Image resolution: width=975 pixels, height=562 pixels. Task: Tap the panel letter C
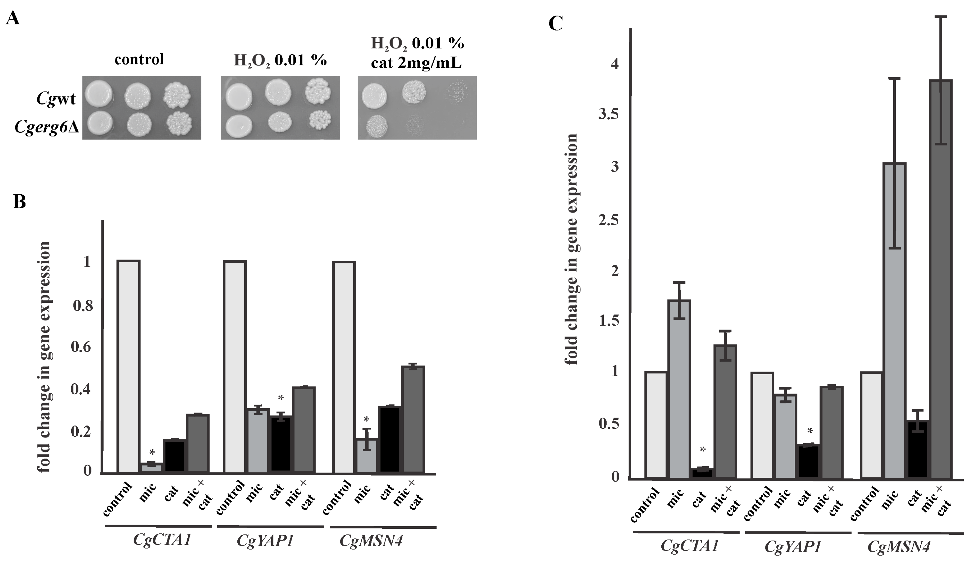click(x=555, y=24)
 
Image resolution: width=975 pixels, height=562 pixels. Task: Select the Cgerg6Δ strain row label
click(x=46, y=127)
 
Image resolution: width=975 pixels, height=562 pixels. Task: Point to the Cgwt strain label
click(x=56, y=99)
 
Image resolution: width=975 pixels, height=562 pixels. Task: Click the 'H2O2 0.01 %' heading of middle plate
click(x=280, y=60)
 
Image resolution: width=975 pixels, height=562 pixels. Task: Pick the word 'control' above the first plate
click(x=139, y=59)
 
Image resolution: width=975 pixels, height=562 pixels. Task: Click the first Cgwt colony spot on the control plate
click(x=99, y=93)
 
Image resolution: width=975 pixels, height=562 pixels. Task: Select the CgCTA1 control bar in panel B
click(x=129, y=366)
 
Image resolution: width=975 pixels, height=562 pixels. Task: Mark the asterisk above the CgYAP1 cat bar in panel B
click(x=281, y=398)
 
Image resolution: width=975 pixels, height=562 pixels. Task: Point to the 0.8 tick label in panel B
click(x=83, y=305)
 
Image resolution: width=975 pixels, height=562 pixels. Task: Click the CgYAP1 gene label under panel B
click(x=265, y=540)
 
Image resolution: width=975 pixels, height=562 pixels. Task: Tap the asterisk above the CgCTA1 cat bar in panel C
click(x=703, y=449)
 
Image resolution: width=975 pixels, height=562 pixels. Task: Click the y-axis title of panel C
click(x=571, y=249)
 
